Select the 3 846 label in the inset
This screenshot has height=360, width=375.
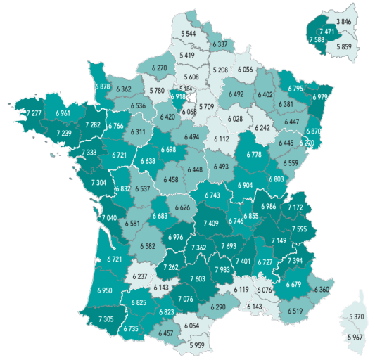343,22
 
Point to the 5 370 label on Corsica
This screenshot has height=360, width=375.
357,318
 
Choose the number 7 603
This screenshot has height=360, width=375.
198,278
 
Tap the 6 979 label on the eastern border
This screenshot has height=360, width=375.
319,98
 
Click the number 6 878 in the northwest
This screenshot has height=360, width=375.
102,86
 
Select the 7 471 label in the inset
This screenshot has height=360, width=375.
326,32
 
